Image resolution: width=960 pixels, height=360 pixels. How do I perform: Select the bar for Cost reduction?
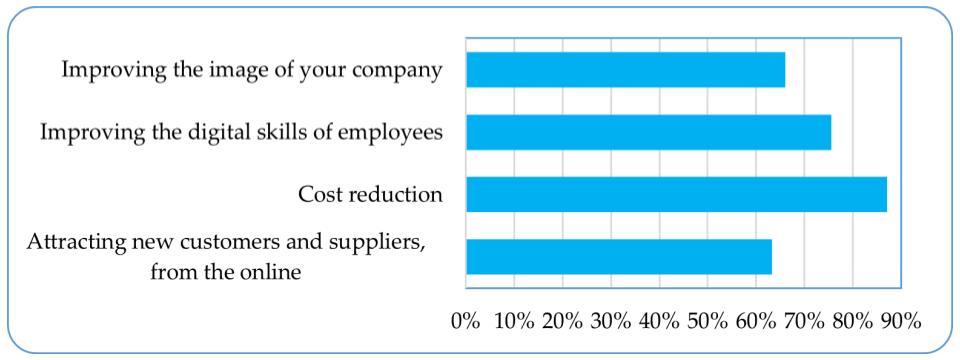[676, 194]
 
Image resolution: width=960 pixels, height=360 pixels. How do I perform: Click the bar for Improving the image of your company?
[625, 70]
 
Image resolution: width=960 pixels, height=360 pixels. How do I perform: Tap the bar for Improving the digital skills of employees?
[648, 132]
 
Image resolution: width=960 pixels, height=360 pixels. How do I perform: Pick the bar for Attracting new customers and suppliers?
[619, 256]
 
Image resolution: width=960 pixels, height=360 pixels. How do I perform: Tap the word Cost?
[320, 194]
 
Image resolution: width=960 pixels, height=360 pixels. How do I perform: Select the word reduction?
[395, 194]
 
